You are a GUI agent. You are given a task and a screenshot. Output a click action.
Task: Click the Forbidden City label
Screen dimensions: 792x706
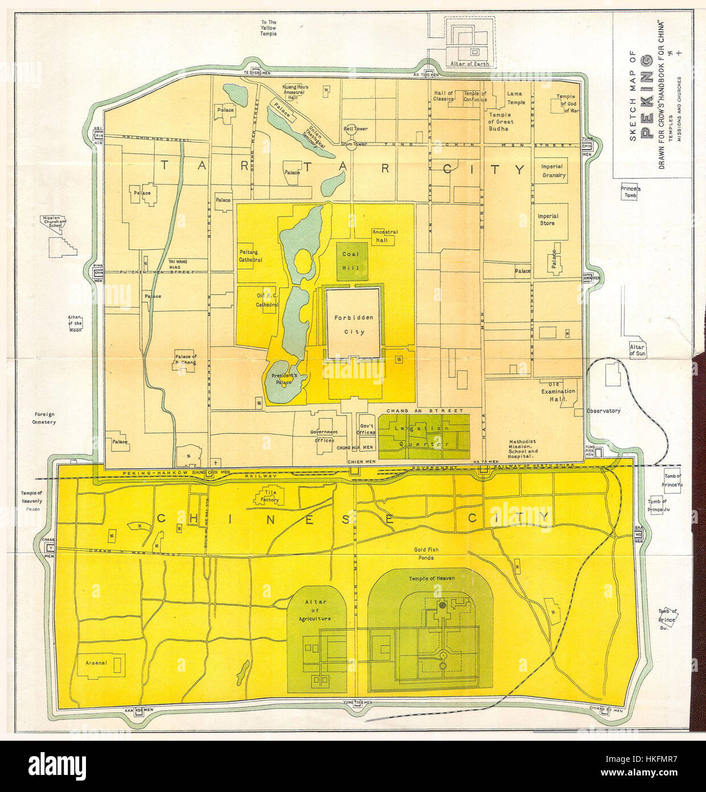(x=354, y=324)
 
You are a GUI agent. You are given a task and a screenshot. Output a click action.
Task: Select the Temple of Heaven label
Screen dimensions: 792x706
(x=432, y=578)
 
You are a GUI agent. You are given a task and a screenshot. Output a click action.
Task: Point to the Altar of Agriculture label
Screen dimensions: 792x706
(x=316, y=610)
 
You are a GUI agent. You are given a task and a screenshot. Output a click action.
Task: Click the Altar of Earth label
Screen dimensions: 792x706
(x=470, y=64)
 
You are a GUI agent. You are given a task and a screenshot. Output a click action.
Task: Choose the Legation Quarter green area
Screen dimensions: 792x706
(x=424, y=436)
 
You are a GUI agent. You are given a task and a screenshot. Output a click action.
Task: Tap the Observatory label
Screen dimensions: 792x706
(x=604, y=411)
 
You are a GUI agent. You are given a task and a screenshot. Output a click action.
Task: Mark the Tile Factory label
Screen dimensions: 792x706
(x=270, y=496)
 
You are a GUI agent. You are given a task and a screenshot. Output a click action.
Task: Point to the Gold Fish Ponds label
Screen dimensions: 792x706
(x=426, y=554)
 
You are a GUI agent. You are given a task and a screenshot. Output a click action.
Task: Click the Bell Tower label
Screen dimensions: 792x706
(x=355, y=129)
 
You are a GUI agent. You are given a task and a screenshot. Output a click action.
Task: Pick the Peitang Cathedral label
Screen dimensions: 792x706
(x=251, y=256)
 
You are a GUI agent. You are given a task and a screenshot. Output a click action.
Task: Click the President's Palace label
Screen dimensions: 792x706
(x=284, y=379)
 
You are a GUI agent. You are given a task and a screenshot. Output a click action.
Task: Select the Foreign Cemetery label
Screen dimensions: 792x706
(x=44, y=418)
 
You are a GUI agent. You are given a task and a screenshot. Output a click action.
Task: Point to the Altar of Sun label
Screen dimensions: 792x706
(x=637, y=350)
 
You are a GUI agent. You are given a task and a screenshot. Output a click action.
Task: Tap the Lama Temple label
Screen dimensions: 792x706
(x=515, y=98)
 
